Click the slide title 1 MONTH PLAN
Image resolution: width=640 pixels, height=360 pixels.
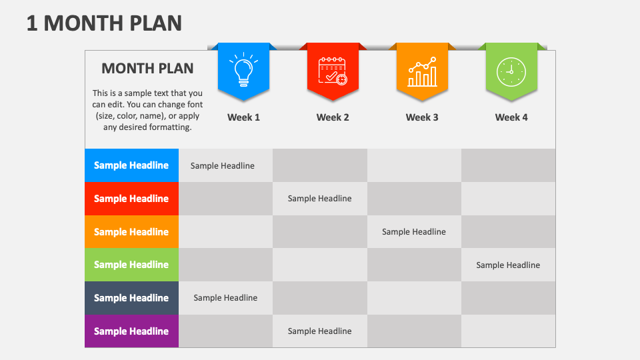point(104,23)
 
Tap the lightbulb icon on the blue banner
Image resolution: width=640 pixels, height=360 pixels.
point(243,70)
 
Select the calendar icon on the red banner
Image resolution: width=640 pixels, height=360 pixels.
point(333,70)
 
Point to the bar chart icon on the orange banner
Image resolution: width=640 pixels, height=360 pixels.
point(422,71)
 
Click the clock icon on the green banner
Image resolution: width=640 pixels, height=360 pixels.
point(511,71)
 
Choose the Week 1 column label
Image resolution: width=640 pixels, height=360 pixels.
point(243,117)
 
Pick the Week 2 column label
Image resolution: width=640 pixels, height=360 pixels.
point(333,117)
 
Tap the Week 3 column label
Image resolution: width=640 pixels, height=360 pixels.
point(422,117)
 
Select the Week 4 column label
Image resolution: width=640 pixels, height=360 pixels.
point(511,117)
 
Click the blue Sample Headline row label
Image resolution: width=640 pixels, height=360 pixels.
point(131,165)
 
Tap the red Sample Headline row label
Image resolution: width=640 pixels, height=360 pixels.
point(131,199)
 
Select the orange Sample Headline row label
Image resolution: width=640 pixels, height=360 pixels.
point(131,232)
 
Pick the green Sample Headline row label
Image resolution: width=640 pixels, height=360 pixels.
point(131,265)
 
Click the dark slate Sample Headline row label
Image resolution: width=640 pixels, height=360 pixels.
point(131,298)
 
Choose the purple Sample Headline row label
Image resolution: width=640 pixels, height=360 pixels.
point(131,331)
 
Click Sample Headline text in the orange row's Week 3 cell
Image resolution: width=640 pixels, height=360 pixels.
point(414,232)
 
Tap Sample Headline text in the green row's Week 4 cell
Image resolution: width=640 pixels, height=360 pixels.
point(508,265)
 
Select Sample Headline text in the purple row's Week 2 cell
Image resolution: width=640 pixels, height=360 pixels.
point(320,331)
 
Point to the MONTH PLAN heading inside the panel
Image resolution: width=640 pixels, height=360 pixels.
point(147,68)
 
